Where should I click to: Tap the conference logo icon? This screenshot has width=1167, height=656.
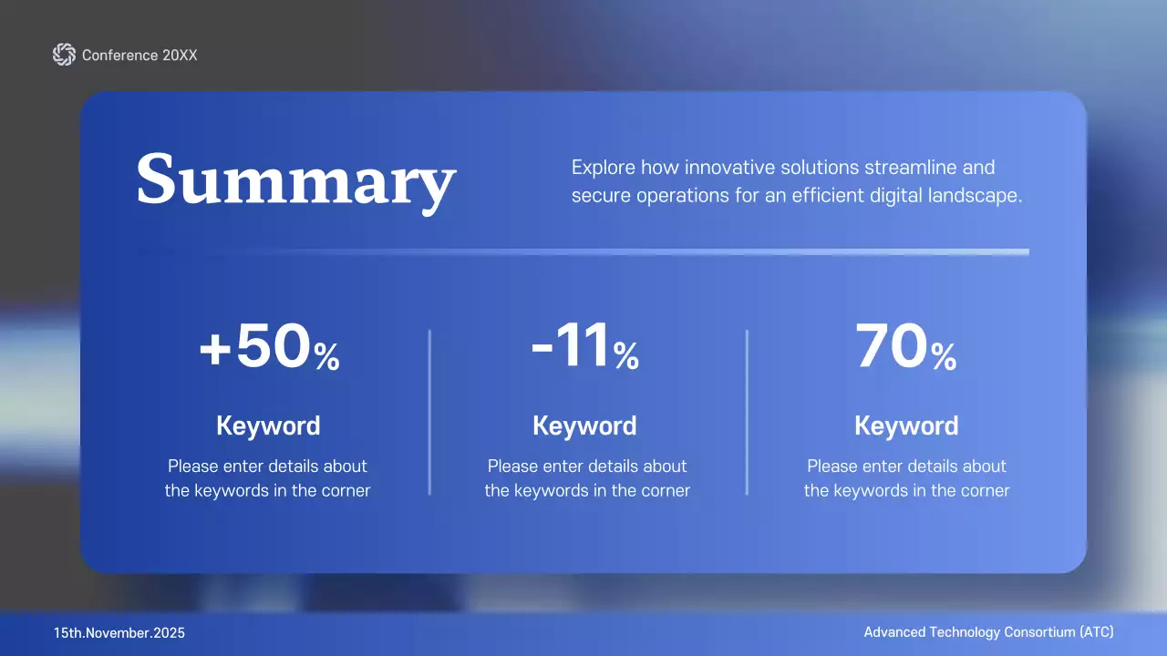click(x=64, y=55)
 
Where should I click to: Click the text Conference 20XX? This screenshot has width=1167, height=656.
click(x=139, y=56)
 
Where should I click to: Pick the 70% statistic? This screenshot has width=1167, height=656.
click(x=906, y=350)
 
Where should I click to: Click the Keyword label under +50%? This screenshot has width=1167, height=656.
click(x=268, y=425)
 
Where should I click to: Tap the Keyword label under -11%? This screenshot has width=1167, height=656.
click(x=584, y=425)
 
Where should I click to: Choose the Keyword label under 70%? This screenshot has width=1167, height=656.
click(x=906, y=425)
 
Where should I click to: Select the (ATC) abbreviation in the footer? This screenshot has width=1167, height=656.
click(x=1097, y=632)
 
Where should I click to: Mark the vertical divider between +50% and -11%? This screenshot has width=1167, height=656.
click(x=429, y=412)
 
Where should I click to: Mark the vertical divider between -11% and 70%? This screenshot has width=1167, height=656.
click(x=747, y=412)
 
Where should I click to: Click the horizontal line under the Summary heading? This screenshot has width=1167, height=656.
click(x=583, y=251)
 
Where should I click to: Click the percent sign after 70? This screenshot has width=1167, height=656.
click(x=944, y=357)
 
